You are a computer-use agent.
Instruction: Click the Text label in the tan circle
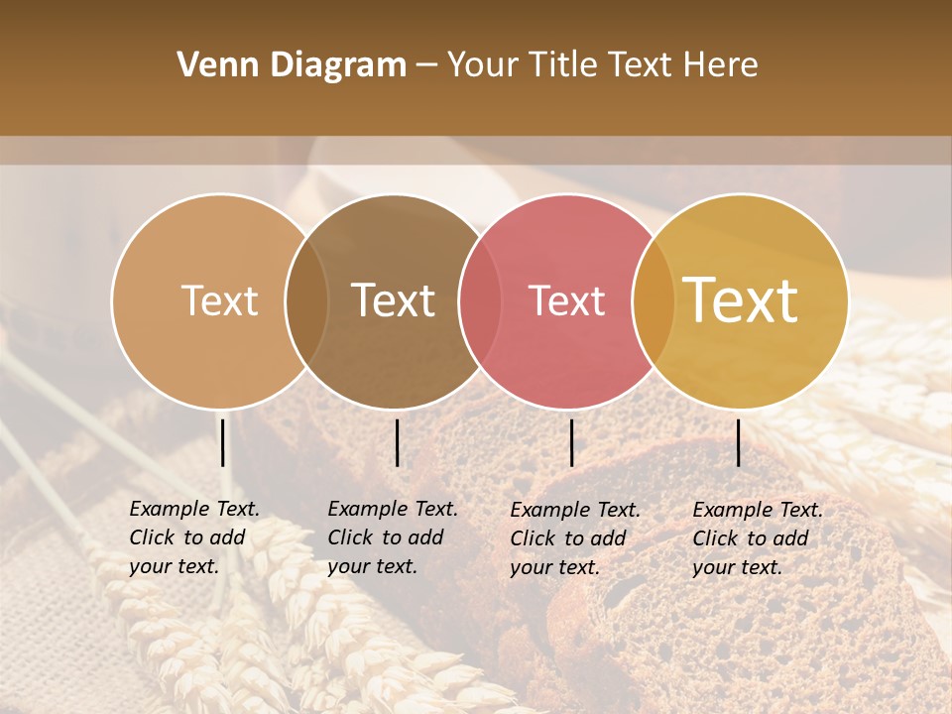[x=219, y=300]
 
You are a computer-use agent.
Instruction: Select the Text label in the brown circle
[x=394, y=300]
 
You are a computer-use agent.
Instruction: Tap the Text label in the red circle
[x=567, y=300]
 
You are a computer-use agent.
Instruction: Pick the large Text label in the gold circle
[x=741, y=300]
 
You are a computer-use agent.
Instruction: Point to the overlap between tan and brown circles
[x=306, y=300]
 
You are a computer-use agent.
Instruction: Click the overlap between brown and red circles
[x=480, y=300]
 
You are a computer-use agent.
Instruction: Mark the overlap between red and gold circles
[x=654, y=300]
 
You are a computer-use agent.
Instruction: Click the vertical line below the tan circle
[x=223, y=442]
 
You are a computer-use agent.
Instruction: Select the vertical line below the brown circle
[x=397, y=442]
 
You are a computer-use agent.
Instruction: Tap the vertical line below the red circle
[x=571, y=442]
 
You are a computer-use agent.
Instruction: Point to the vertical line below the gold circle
[x=738, y=442]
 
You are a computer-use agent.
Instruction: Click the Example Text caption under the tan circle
[x=194, y=537]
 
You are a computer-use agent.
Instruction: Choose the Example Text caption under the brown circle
[x=393, y=537]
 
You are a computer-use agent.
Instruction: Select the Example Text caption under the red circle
[x=575, y=538]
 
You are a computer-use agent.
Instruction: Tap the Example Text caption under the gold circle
[x=758, y=538]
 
